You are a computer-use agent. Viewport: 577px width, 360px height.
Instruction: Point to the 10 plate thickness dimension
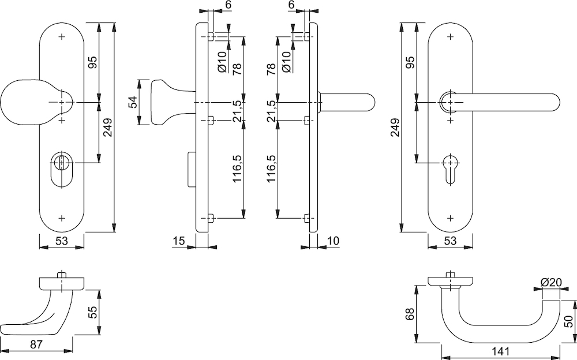[x=333, y=242]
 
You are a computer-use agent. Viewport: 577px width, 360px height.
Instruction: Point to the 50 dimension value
[x=568, y=321]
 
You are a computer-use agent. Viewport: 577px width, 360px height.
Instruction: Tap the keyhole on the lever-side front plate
[x=449, y=168]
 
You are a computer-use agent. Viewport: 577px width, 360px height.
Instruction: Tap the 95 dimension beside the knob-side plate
[x=92, y=62]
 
